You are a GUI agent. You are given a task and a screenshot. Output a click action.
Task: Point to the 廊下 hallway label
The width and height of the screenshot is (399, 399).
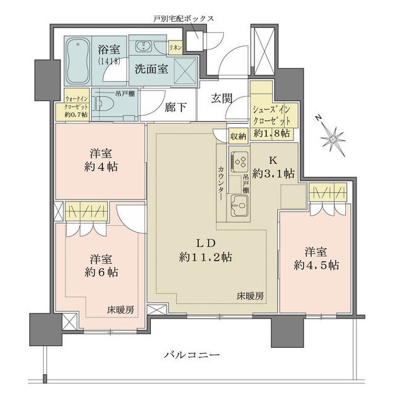tap(176, 107)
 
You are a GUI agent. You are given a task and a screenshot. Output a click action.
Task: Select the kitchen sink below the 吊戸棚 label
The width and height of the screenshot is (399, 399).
tap(239, 201)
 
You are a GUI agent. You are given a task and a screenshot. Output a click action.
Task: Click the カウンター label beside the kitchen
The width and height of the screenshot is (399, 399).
tap(222, 182)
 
